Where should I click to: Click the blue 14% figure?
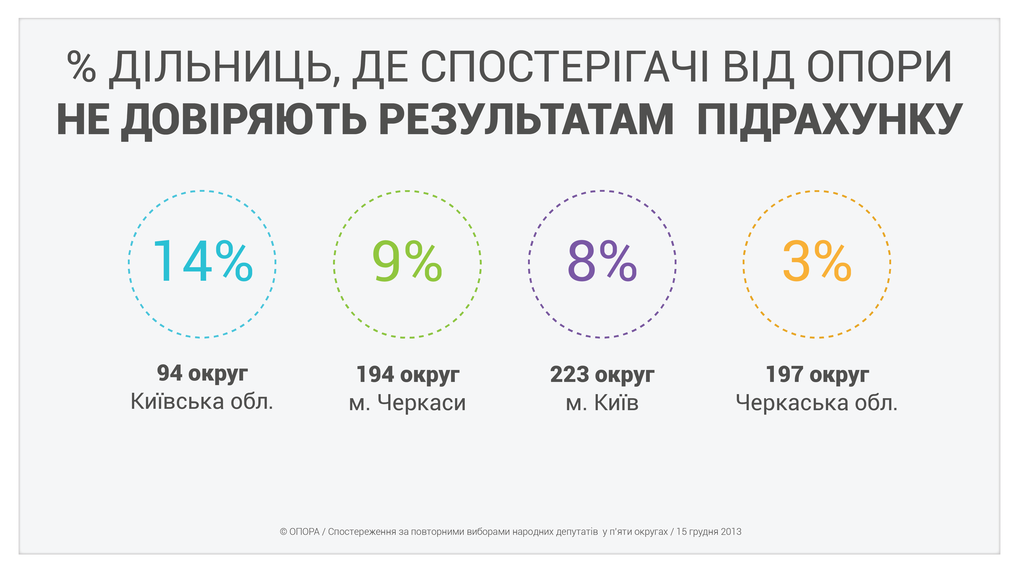(202, 262)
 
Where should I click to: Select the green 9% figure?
(407, 262)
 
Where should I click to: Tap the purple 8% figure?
(602, 262)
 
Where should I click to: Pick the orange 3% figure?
(817, 262)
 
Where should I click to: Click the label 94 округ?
(202, 374)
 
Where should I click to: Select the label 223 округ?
(602, 375)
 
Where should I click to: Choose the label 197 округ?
(817, 375)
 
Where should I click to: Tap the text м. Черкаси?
(407, 403)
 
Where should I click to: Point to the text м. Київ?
(602, 403)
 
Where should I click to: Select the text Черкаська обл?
(817, 403)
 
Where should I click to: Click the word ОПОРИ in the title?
(879, 67)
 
